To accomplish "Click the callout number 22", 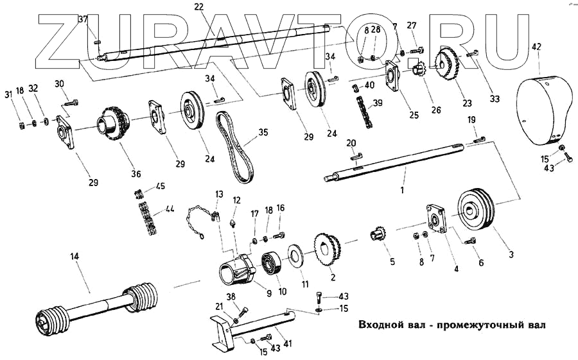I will [198, 6].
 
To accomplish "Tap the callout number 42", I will [537, 46].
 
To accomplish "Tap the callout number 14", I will [74, 257].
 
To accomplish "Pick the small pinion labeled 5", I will [378, 234].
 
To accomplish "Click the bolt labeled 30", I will [69, 101].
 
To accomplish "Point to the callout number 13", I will [219, 193].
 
